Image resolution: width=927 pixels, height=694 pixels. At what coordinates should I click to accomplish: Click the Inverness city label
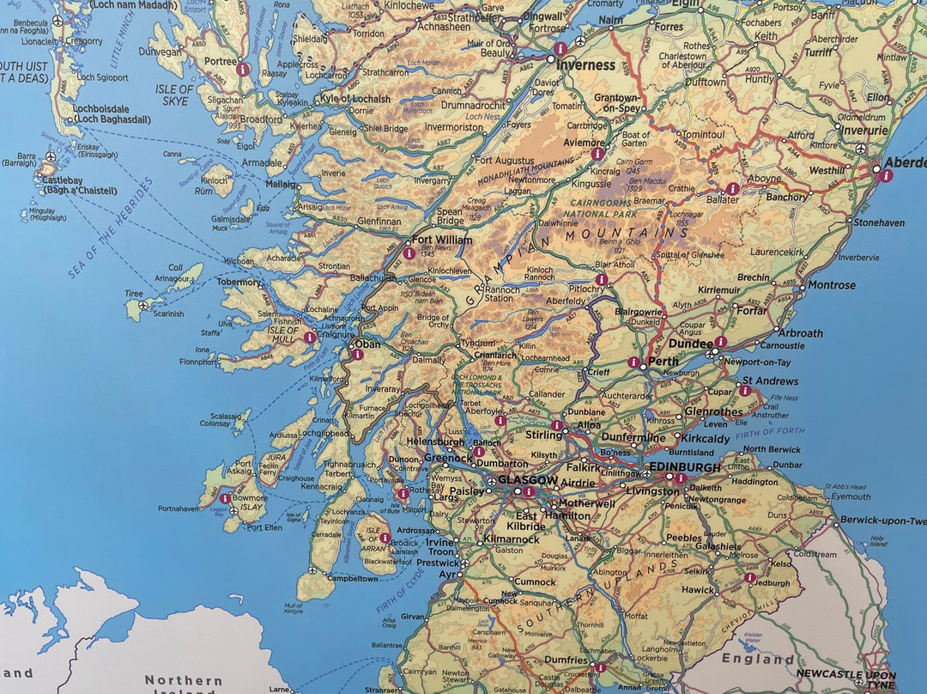click(x=586, y=64)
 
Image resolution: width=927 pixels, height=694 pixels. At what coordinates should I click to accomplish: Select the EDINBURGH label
click(x=683, y=466)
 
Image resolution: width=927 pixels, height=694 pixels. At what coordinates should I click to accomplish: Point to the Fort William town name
click(x=442, y=240)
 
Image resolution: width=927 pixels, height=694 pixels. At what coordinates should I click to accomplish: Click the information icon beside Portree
click(x=243, y=69)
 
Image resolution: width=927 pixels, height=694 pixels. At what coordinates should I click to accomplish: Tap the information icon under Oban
click(x=357, y=354)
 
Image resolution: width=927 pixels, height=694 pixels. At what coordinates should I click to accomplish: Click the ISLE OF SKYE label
click(x=174, y=95)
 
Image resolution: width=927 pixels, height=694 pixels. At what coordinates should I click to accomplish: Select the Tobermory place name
click(x=239, y=283)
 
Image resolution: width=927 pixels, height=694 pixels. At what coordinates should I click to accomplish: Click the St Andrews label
click(x=770, y=380)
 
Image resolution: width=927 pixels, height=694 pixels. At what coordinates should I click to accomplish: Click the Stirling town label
click(x=543, y=435)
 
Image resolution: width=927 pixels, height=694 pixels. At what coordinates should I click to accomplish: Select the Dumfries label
click(x=566, y=661)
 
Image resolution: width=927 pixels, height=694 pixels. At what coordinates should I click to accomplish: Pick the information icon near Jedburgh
click(x=750, y=578)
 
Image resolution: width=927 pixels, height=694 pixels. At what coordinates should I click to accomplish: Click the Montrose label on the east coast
click(x=831, y=285)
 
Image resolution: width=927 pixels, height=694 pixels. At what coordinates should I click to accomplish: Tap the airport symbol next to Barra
click(x=51, y=158)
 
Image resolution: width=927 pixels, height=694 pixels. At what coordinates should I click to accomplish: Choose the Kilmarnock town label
click(x=512, y=539)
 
